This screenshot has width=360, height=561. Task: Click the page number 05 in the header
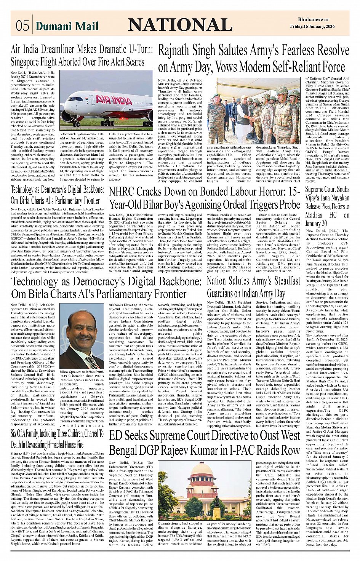(x=22, y=26)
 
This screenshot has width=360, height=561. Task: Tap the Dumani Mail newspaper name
(x=67, y=26)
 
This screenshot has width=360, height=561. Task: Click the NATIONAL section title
(x=180, y=25)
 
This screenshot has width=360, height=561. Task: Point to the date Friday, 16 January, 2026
(x=312, y=26)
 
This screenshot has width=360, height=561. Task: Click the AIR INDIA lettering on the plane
(x=114, y=100)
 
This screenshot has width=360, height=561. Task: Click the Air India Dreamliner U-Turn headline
(x=82, y=55)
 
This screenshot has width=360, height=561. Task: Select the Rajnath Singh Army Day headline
(x=253, y=58)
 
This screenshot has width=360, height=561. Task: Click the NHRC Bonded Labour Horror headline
(x=205, y=198)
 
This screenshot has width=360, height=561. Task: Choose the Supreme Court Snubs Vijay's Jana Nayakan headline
(x=327, y=206)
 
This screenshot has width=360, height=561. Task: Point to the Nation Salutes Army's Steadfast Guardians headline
(x=253, y=287)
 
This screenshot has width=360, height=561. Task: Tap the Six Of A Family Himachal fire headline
(x=57, y=439)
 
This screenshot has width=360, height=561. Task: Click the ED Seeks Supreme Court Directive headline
(x=205, y=443)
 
